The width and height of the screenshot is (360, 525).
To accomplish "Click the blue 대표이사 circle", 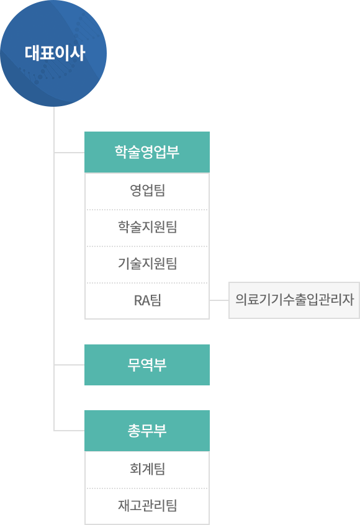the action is [53, 53].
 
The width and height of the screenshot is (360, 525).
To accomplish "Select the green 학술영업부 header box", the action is [147, 152].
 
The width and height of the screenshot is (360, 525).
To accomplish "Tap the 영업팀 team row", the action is [147, 191].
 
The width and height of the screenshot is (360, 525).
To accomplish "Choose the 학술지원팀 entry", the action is [147, 228].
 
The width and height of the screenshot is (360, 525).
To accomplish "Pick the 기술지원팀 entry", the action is [147, 264].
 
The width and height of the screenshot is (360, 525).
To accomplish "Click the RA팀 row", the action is [147, 301].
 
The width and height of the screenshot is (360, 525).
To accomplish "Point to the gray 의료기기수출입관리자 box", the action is [294, 300].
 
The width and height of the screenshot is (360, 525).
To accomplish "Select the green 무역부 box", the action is [147, 365].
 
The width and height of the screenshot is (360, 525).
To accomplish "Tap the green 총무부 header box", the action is [147, 431].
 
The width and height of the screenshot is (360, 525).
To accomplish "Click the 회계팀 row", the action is [147, 469].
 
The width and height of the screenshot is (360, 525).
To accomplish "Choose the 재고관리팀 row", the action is [147, 506].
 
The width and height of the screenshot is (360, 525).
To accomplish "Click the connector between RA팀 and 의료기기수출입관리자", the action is [219, 300].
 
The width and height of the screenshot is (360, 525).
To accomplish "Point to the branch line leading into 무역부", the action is [70, 365].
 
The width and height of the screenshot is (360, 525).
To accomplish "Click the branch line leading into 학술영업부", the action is [70, 152].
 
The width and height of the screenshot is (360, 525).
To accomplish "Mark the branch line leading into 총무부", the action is [70, 430].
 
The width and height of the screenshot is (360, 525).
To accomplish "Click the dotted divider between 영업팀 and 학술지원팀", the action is [147, 210].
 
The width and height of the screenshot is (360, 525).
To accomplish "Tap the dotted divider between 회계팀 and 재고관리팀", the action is [147, 488].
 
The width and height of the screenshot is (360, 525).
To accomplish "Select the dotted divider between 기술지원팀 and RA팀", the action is [147, 283].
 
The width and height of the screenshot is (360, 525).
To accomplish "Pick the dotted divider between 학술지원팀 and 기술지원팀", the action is [147, 246].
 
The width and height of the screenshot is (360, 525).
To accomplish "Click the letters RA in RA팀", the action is [142, 301].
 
